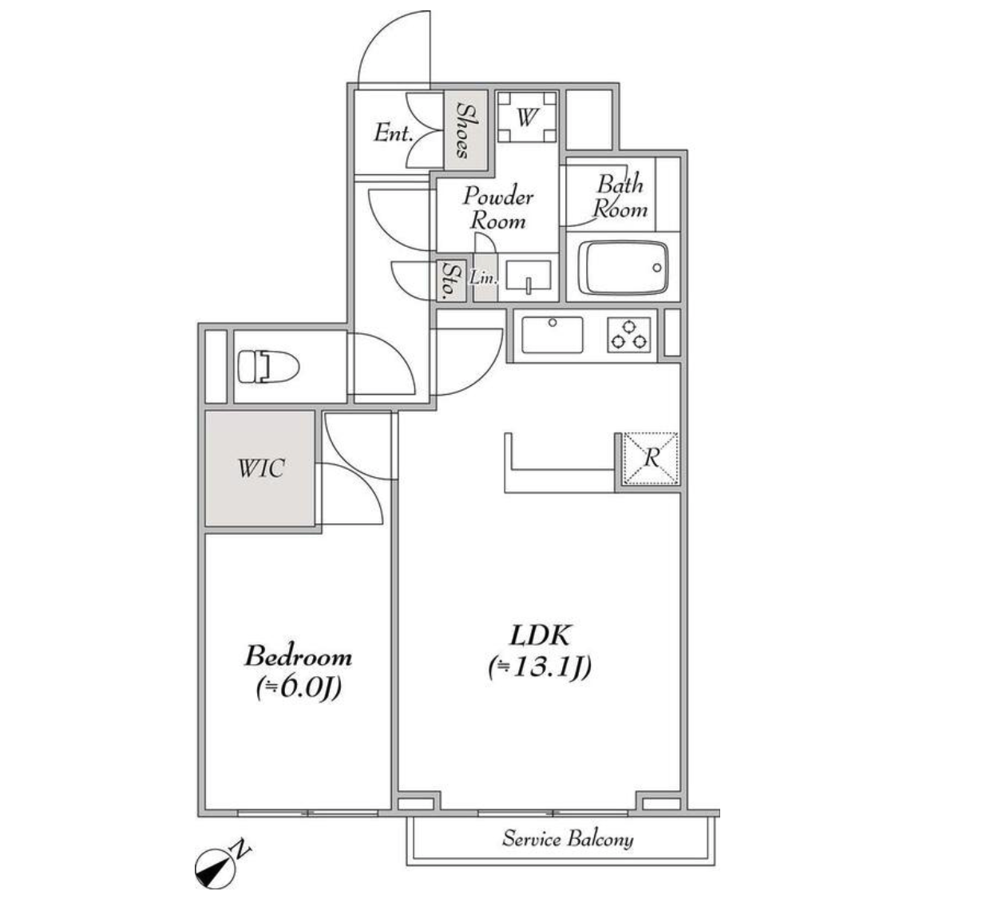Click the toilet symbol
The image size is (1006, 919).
point(268,367)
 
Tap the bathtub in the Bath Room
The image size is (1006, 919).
point(624,269)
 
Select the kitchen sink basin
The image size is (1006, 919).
point(553,335)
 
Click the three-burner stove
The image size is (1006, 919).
point(629,335)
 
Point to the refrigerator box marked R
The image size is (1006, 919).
point(651,459)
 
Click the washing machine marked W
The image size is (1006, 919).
point(527,117)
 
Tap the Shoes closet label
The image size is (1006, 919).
point(466,130)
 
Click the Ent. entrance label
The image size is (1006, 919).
point(394,133)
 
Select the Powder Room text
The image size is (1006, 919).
point(498,209)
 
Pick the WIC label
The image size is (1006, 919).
point(261,468)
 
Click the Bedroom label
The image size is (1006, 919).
point(298,656)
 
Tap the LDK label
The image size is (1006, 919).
point(540,635)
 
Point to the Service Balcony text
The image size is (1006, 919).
point(568,838)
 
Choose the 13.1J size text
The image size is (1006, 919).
point(540,667)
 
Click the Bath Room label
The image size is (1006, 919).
point(620,197)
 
